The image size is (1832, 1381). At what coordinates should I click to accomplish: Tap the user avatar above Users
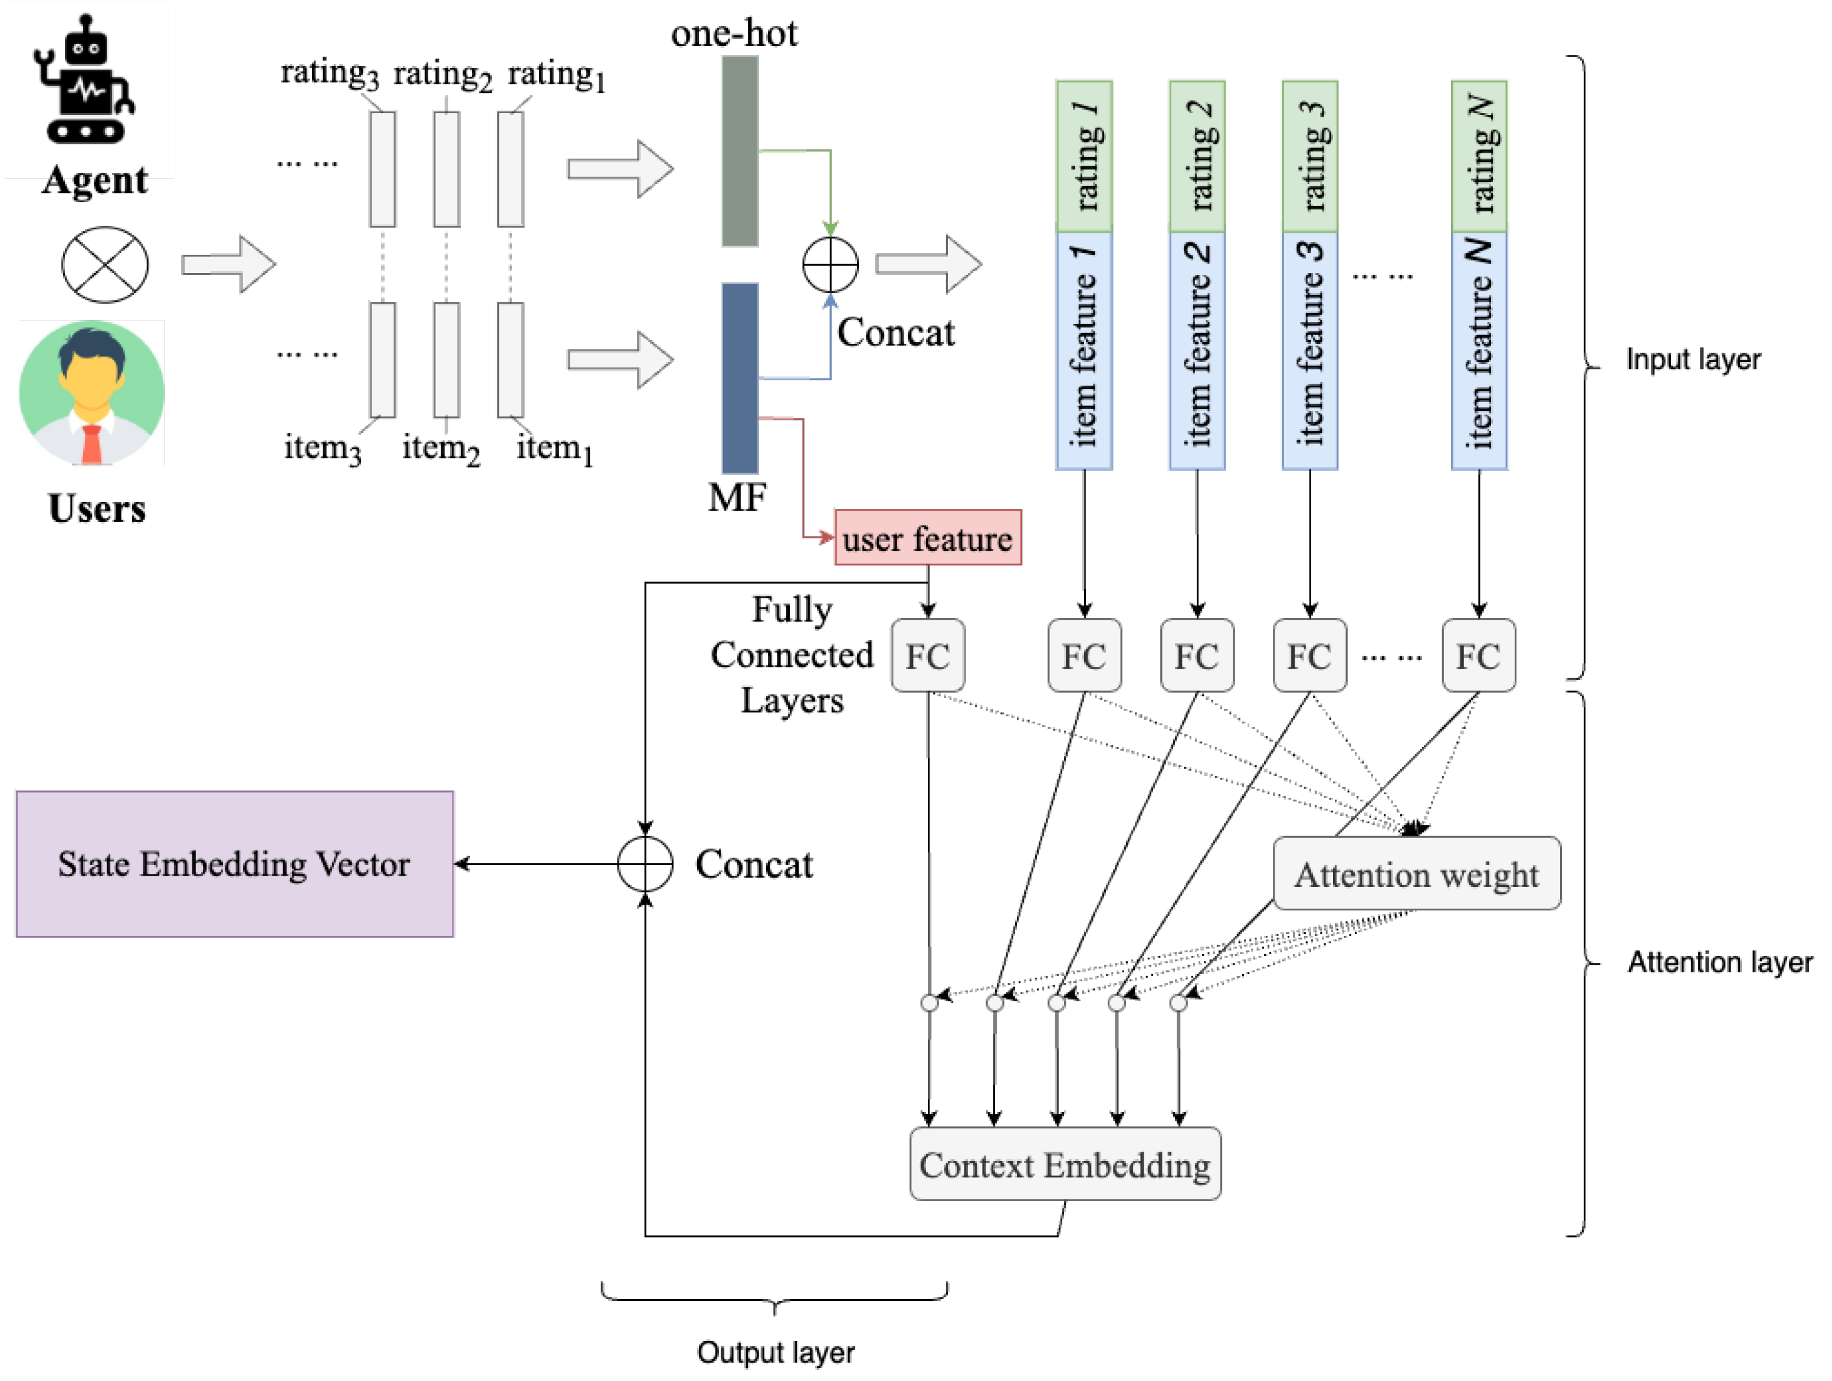92,393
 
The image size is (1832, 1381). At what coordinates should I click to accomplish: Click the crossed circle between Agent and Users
105,265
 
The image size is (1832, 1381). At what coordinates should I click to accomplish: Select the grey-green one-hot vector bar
740,151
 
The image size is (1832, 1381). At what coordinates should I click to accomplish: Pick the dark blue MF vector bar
740,379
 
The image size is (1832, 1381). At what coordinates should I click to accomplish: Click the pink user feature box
928,538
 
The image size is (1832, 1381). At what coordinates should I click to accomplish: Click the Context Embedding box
1065,1164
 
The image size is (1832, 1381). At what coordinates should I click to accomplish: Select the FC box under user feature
928,656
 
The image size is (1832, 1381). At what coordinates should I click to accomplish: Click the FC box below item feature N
1478,656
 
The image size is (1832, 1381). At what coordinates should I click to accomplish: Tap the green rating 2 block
1197,156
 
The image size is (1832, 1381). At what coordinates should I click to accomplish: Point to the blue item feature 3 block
1309,351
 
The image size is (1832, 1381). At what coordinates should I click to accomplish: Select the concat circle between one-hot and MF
830,265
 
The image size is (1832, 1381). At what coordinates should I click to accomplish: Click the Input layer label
1693,359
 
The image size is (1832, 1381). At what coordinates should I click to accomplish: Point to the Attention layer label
1719,962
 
